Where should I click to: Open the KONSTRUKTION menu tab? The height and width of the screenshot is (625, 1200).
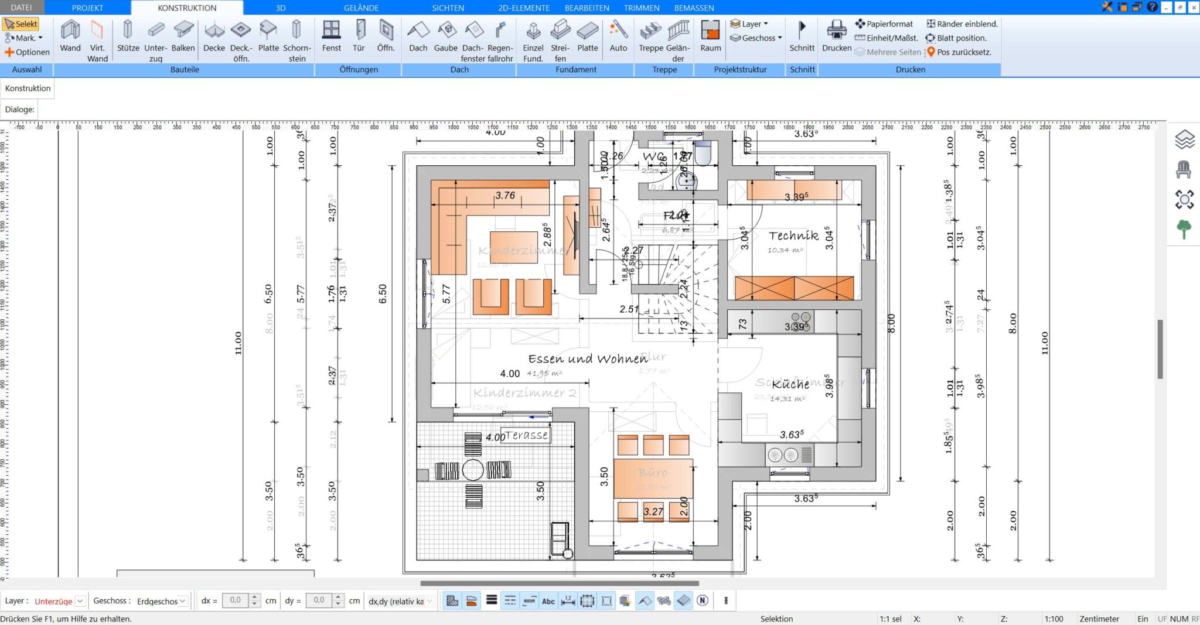pyautogui.click(x=187, y=8)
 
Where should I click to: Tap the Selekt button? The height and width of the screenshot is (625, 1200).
pyautogui.click(x=21, y=24)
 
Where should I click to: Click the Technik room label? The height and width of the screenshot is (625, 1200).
pyautogui.click(x=793, y=235)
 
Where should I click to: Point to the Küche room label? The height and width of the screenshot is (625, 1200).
pyautogui.click(x=790, y=384)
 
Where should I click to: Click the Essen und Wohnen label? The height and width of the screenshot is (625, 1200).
pyautogui.click(x=588, y=358)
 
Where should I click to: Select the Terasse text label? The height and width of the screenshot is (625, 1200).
pyautogui.click(x=526, y=435)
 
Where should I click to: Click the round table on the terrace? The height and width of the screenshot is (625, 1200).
pyautogui.click(x=473, y=470)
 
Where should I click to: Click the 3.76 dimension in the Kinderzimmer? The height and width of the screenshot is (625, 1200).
pyautogui.click(x=504, y=195)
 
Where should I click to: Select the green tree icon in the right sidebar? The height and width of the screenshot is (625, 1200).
pyautogui.click(x=1184, y=229)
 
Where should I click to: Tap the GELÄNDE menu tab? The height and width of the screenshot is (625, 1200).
pyautogui.click(x=361, y=8)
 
